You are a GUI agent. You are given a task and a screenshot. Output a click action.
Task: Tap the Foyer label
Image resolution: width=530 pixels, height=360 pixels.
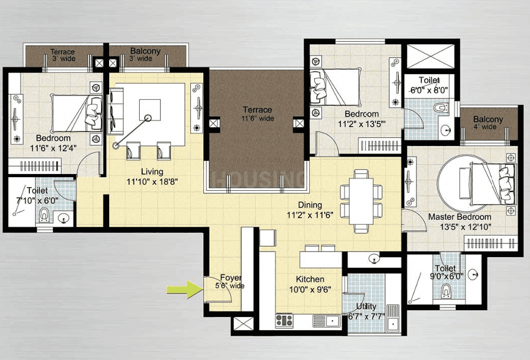231,278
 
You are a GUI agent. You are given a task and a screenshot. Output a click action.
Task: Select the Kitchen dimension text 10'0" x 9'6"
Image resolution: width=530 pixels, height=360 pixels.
310,289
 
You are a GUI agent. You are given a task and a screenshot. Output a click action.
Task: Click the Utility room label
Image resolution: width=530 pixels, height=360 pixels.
366,306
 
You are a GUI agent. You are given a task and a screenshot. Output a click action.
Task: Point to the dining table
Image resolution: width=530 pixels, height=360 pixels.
361,202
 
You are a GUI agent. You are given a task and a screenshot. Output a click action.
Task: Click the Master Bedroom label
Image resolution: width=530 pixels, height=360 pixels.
460,217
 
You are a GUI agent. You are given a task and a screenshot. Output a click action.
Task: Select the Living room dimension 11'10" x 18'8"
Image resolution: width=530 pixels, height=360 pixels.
152,182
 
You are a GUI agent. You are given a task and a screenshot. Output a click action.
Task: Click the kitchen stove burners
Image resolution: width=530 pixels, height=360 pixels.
284,321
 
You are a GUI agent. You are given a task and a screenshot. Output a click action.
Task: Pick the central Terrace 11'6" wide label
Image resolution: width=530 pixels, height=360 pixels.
258,114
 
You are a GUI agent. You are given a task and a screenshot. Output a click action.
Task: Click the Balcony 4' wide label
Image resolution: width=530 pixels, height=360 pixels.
488,123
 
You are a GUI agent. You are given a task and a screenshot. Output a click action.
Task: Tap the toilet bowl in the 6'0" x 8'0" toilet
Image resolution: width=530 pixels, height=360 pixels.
441,108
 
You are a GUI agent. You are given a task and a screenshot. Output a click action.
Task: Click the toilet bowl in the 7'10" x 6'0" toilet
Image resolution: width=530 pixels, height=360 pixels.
44,215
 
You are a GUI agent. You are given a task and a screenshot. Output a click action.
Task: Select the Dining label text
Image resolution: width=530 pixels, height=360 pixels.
310,205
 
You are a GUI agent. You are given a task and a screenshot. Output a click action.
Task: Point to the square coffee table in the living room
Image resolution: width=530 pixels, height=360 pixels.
150,110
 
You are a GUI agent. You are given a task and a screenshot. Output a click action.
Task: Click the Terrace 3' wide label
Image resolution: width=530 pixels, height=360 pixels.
63,55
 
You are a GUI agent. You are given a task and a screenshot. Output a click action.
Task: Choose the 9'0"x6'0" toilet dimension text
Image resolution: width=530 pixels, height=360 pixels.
446,276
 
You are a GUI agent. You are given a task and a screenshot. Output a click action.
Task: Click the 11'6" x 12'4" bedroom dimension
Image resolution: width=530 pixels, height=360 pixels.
54,148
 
